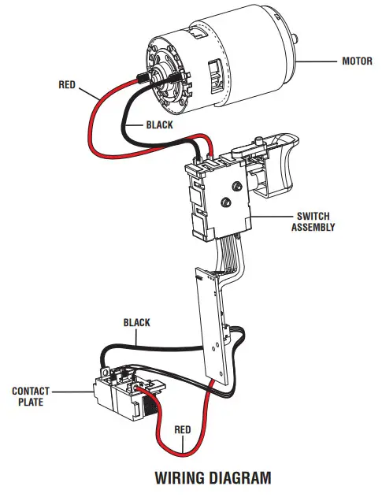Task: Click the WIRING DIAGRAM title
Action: point(213,477)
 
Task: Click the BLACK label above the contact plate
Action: point(136,322)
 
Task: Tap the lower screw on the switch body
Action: point(225,202)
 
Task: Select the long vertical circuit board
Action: point(211,323)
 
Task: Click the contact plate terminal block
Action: point(118,392)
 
